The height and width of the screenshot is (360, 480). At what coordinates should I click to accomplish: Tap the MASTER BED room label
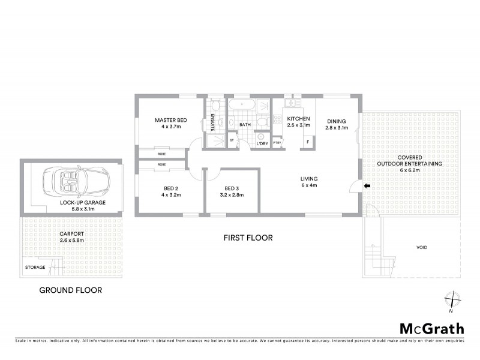coord(170,120)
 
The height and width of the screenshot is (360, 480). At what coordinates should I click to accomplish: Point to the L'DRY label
coord(262,144)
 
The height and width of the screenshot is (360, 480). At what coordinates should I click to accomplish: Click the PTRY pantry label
coord(277,143)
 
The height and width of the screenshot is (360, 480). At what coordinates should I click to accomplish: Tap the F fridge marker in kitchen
coord(308,142)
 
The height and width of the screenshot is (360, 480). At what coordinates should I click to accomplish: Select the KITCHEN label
coord(298,119)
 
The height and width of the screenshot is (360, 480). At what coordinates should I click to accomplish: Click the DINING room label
coord(336,119)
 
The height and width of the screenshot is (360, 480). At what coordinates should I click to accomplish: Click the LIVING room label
coord(309,179)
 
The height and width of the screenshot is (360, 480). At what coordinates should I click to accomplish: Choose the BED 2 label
coord(170,188)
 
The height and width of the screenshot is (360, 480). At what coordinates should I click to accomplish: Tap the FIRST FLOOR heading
coord(248,238)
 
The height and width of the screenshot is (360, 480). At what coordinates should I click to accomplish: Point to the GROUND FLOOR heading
coord(70,290)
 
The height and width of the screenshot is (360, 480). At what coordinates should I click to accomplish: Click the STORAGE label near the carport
coord(35,268)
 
